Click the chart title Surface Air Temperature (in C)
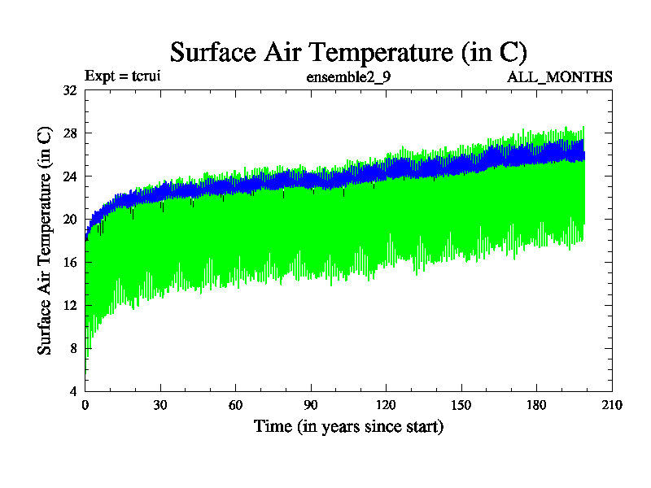(x=348, y=52)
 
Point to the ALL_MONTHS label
(x=560, y=77)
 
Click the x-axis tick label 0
(x=85, y=405)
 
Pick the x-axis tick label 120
(x=386, y=405)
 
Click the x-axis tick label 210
(x=611, y=405)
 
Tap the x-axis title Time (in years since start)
(x=348, y=426)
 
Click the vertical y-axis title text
(x=46, y=241)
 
